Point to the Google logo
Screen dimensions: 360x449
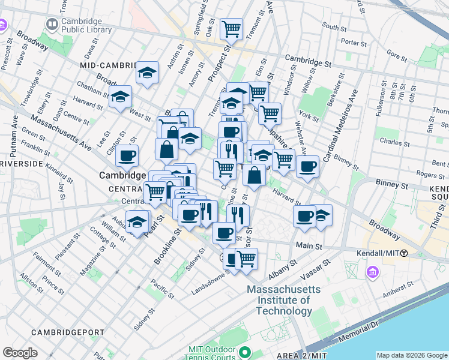[20, 353]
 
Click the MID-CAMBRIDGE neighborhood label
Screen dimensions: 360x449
[109, 65]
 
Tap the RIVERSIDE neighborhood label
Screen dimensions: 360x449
[20, 163]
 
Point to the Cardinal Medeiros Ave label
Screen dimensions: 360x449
[340, 127]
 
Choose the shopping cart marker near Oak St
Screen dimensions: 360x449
[231, 28]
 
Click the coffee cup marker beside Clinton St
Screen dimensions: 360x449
[127, 156]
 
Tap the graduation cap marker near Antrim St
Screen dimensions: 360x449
[147, 73]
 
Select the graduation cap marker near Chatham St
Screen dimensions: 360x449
[120, 96]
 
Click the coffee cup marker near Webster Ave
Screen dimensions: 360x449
[307, 166]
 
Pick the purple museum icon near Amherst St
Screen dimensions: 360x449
[373, 273]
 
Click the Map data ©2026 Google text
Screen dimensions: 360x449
[412, 355]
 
